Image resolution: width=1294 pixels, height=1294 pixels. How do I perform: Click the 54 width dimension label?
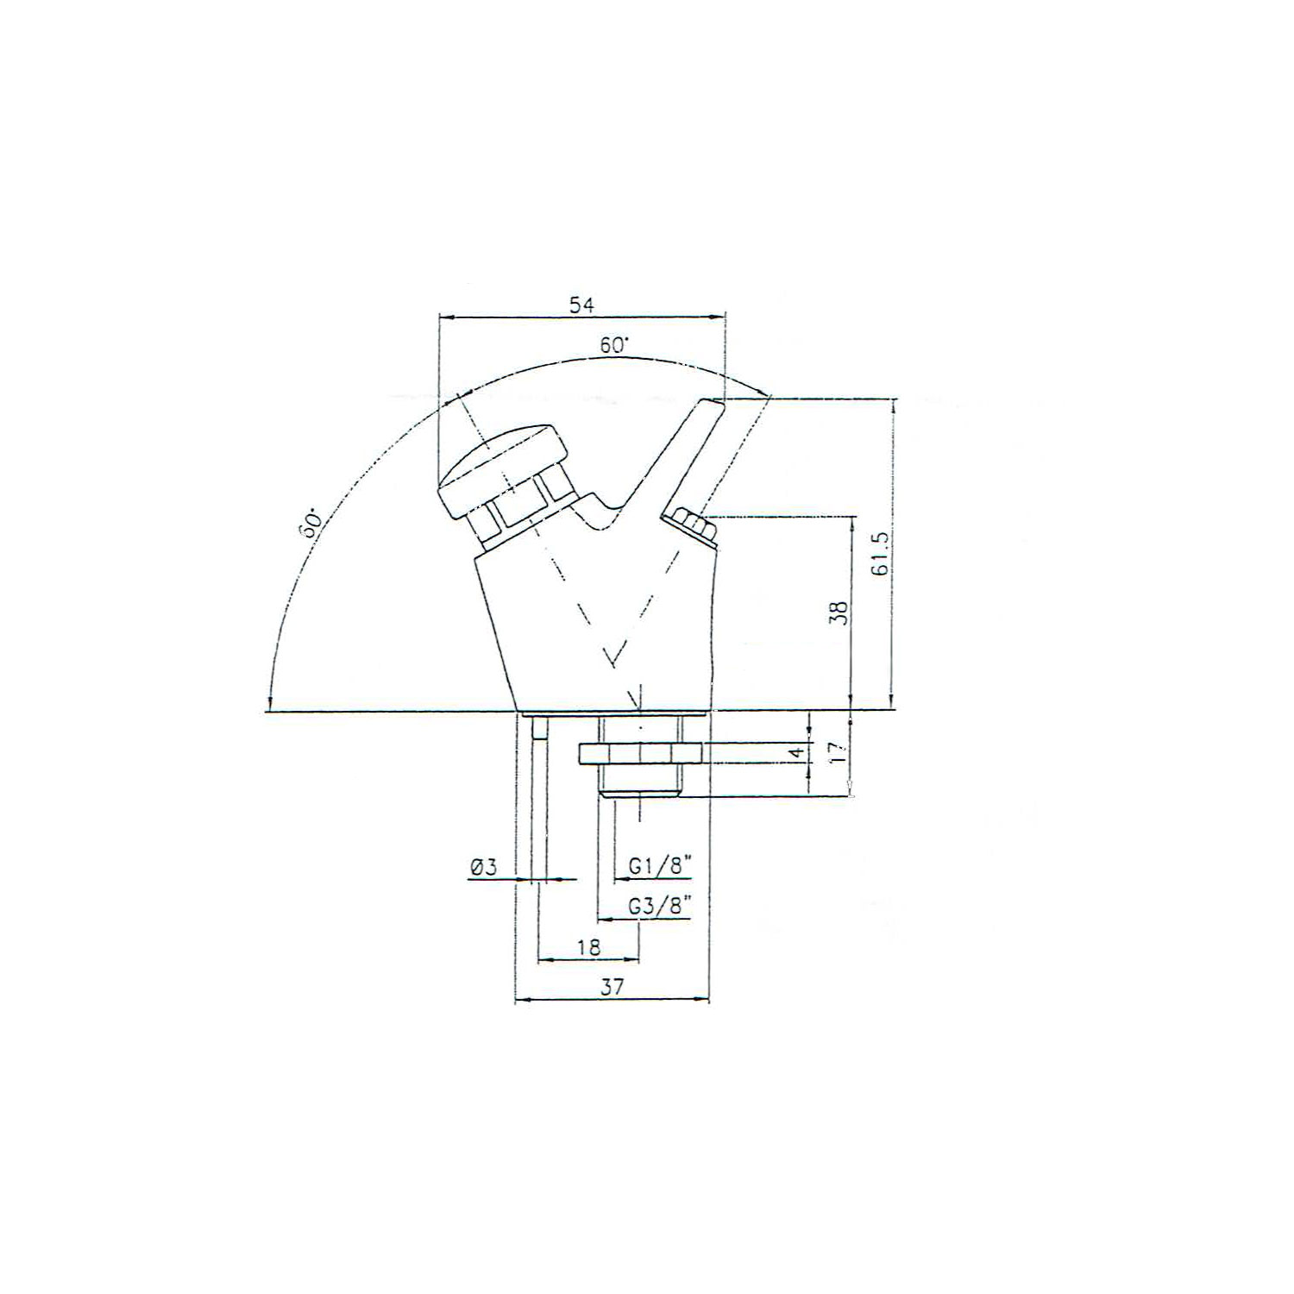[581, 305]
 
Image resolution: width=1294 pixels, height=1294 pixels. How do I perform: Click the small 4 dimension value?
[799, 753]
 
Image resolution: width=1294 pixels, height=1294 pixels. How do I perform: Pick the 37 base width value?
[612, 989]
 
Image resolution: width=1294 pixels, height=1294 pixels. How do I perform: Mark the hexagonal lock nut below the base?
[641, 753]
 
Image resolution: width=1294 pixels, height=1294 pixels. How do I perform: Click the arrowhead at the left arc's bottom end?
[271, 704]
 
